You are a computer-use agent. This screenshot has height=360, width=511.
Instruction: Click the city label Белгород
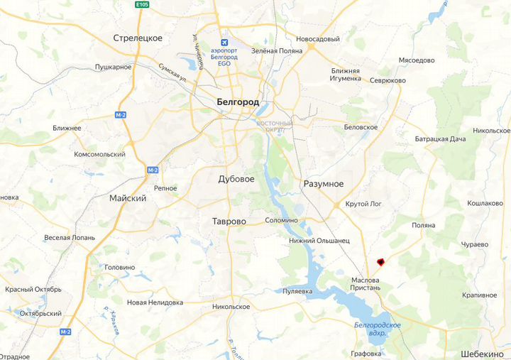[237, 102]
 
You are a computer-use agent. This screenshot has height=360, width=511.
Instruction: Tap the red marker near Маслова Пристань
[380, 262]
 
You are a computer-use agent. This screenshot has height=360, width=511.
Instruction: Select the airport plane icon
[225, 41]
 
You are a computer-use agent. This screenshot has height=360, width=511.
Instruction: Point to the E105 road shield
[142, 4]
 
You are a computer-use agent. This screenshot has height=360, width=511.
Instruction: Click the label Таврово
[229, 222]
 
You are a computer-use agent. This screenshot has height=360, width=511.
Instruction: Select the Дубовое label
[236, 180]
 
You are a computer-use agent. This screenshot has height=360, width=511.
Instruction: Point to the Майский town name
[128, 198]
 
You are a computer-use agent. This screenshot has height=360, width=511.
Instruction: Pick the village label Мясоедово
[417, 60]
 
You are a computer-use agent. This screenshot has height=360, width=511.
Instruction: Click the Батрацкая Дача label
[440, 138]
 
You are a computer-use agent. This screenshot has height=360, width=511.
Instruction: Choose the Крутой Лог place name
[363, 204]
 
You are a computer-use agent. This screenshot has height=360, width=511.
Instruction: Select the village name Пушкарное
[114, 67]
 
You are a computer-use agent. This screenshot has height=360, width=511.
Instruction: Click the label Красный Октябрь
[33, 290]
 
